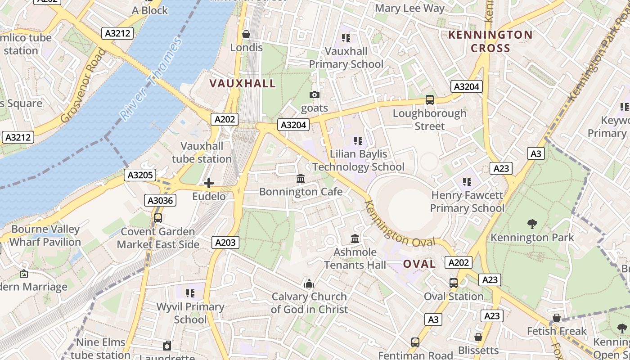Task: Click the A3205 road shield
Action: click(139, 175)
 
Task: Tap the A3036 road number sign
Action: click(160, 200)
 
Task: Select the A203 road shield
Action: click(225, 243)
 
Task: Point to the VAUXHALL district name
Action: click(243, 83)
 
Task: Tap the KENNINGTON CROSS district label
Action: click(490, 41)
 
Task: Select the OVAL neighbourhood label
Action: click(419, 264)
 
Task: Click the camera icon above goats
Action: click(315, 94)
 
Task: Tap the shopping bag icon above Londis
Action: click(246, 34)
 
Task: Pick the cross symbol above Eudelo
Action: click(209, 183)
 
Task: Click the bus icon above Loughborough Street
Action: click(430, 100)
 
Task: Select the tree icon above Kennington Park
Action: click(532, 224)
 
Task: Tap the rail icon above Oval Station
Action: click(454, 283)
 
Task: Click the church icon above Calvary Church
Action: click(309, 283)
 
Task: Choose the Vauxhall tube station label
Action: click(202, 153)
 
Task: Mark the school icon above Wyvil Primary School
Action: click(190, 293)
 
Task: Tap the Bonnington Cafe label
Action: click(301, 192)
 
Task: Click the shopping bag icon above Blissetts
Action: click(478, 337)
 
